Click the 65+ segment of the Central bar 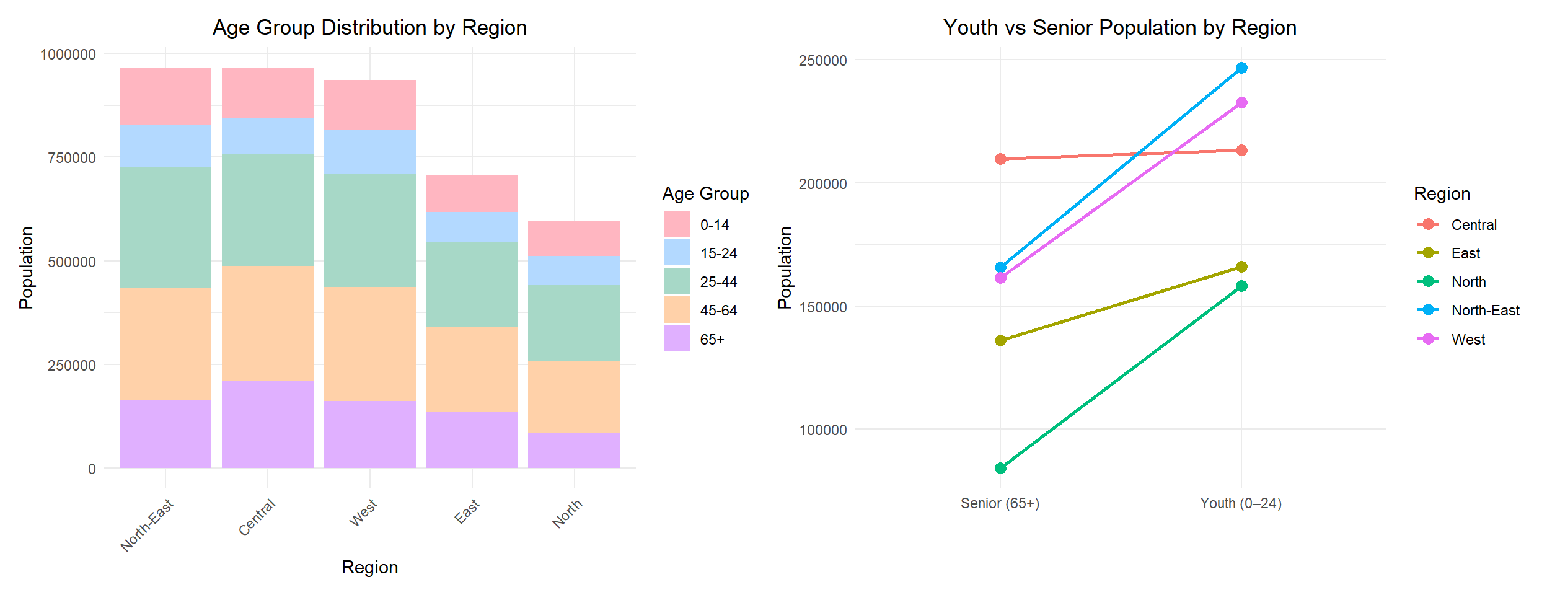click(268, 425)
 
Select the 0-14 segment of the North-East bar click(165, 96)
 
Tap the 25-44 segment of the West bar click(370, 231)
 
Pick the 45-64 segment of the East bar click(472, 369)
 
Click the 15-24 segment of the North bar click(575, 271)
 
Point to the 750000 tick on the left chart click(72, 158)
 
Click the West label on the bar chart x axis click(363, 513)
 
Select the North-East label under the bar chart click(147, 526)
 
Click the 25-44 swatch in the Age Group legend click(677, 281)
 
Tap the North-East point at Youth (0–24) click(1241, 68)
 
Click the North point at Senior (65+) click(1000, 468)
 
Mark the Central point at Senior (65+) click(1000, 159)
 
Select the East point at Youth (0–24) click(1241, 267)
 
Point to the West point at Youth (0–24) click(1241, 103)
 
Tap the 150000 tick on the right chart click(823, 307)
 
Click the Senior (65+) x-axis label click(1000, 503)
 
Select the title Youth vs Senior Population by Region click(1120, 28)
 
